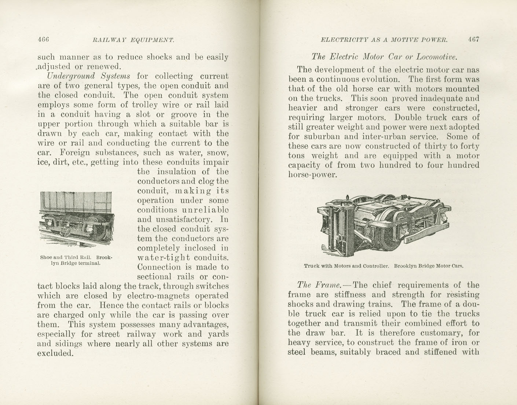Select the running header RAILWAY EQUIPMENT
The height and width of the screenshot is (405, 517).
[133, 40]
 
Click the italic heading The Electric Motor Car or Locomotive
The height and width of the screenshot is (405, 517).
[384, 57]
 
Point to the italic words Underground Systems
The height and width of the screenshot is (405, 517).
[88, 76]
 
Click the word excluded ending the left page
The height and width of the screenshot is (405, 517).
[55, 353]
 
